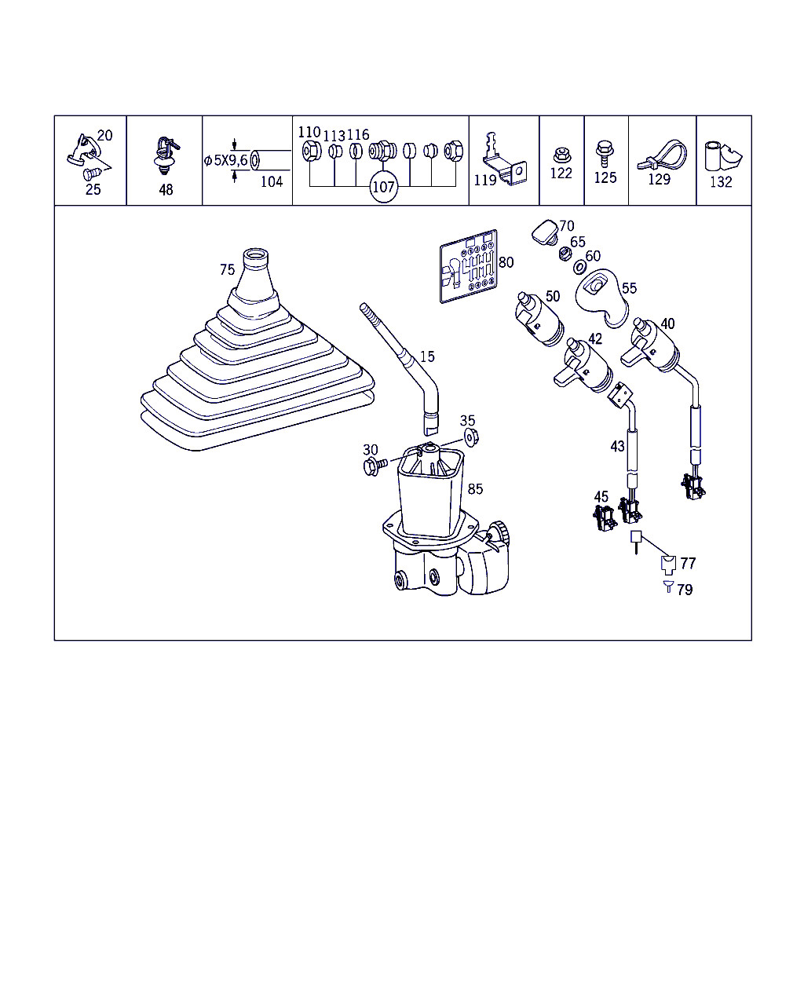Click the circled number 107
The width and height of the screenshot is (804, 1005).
383,187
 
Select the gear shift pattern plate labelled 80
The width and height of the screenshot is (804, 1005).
469,265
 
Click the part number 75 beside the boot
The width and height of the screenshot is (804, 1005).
227,269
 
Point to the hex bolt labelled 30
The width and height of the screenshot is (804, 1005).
375,466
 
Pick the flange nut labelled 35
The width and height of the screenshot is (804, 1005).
471,438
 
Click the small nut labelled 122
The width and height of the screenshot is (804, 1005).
562,155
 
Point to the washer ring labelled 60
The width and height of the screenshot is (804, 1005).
579,267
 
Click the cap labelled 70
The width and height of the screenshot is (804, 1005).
545,232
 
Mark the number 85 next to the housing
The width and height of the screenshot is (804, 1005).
475,489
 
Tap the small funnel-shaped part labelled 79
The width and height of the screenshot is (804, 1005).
668,587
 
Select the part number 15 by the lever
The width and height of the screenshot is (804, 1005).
427,356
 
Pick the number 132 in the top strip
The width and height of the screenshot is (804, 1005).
721,182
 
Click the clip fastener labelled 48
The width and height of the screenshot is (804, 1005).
166,156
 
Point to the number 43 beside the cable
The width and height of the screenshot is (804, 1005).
617,447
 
